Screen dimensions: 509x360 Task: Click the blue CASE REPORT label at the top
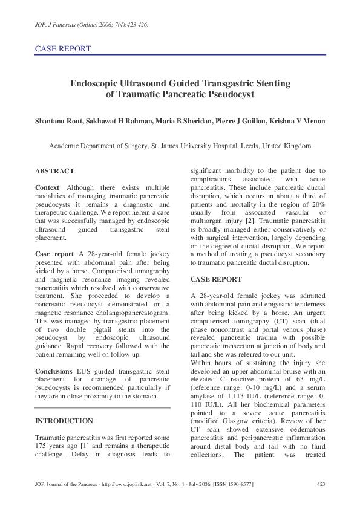[63, 48]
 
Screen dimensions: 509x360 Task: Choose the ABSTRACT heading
[54, 171]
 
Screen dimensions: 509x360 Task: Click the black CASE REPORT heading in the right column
[216, 279]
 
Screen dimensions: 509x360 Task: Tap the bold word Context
[47, 188]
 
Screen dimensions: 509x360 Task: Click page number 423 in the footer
[321, 484]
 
